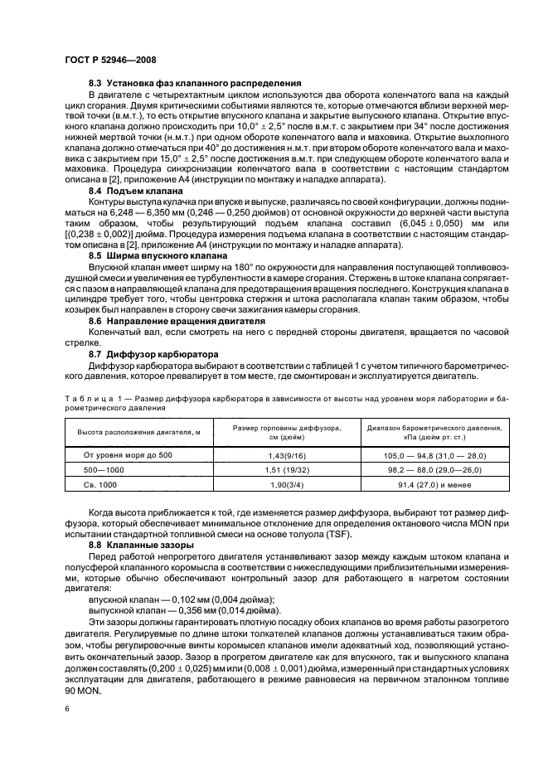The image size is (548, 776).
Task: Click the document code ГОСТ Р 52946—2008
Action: coord(109,61)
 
